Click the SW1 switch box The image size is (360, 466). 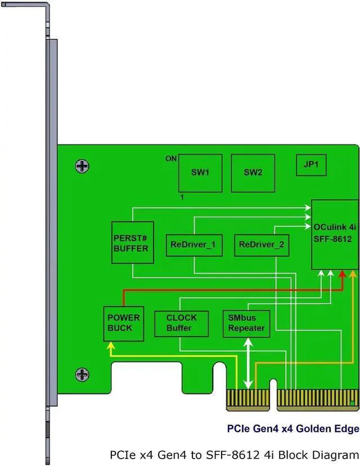(x=200, y=173)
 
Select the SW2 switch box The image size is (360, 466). (x=253, y=173)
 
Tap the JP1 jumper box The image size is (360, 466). (x=311, y=165)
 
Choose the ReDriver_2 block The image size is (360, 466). (x=261, y=245)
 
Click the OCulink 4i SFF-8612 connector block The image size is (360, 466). (x=335, y=234)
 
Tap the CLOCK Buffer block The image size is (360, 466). (x=181, y=323)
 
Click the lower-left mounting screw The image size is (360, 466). (x=83, y=374)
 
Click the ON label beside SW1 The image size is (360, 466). (x=171, y=159)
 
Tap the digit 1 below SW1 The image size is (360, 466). (x=182, y=198)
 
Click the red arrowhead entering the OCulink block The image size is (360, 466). (x=343, y=274)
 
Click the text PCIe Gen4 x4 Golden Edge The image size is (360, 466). (x=292, y=429)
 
